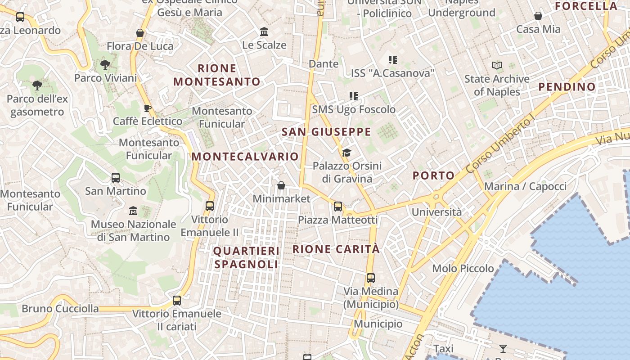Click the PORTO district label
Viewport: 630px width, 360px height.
pyautogui.click(x=433, y=175)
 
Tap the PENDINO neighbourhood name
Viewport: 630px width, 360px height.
pyautogui.click(x=567, y=87)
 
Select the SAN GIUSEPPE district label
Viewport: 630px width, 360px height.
pyautogui.click(x=326, y=132)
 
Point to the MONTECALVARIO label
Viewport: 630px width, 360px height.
pyautogui.click(x=245, y=157)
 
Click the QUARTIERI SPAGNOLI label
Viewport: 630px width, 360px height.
pyautogui.click(x=246, y=257)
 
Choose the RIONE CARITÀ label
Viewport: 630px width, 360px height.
pyautogui.click(x=336, y=249)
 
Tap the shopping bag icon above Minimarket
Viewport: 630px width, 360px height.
pyautogui.click(x=281, y=185)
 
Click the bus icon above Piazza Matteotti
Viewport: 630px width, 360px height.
pyautogui.click(x=338, y=207)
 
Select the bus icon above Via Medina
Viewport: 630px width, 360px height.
pyautogui.click(x=371, y=278)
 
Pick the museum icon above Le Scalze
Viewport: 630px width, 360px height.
pyautogui.click(x=264, y=32)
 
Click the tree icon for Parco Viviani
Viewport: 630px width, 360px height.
pyautogui.click(x=105, y=65)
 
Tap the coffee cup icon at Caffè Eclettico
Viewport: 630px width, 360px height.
pyautogui.click(x=147, y=108)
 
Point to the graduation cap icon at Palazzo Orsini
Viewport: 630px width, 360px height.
pyautogui.click(x=346, y=153)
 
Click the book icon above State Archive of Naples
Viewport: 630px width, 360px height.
pyautogui.click(x=497, y=66)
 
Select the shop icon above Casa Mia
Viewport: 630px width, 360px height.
pyautogui.click(x=538, y=16)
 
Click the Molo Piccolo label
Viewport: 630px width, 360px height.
pyautogui.click(x=463, y=269)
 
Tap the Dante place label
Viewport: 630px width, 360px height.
pyautogui.click(x=324, y=64)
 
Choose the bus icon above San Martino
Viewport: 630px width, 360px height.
pyautogui.click(x=116, y=178)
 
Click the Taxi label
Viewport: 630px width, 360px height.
pyautogui.click(x=443, y=349)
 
